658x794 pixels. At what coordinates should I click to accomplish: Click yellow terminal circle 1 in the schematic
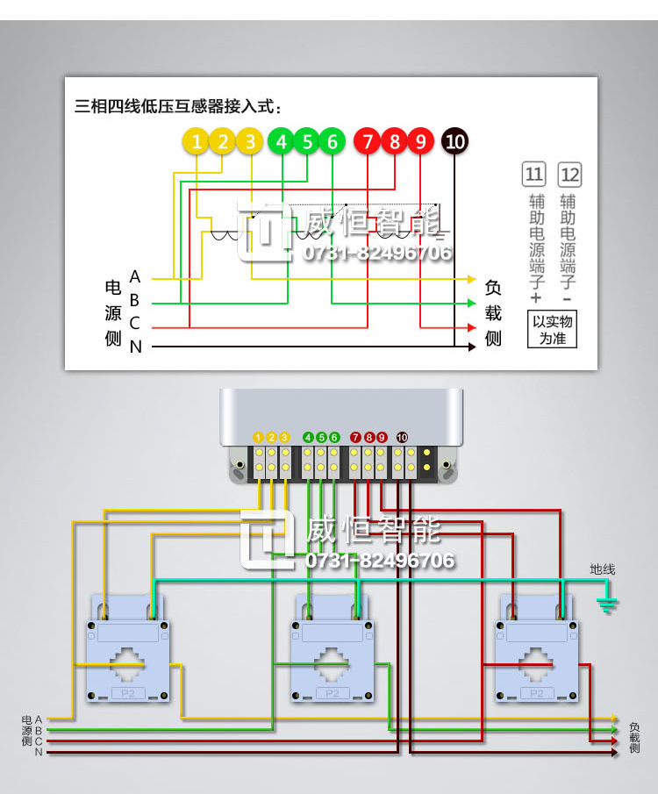196,141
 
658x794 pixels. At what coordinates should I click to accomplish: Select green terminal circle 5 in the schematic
307,141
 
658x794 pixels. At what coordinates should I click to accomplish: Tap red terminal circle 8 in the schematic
395,141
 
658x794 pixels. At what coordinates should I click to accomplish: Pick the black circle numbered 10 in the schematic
454,141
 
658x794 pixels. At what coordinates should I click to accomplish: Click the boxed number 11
534,175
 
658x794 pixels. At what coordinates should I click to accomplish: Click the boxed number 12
569,175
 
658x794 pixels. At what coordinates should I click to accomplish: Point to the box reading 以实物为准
552,329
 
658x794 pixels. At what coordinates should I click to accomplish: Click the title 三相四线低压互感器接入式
177,106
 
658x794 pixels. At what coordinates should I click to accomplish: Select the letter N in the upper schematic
135,347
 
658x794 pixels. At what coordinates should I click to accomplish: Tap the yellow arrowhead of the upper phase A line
472,279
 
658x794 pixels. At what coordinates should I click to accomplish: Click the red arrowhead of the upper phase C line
472,327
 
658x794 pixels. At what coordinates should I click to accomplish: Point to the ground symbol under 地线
606,604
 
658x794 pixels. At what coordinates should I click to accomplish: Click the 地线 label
602,569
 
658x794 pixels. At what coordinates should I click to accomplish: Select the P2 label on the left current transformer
128,693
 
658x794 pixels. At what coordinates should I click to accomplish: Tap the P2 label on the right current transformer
536,693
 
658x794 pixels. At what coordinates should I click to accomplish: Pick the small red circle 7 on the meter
355,437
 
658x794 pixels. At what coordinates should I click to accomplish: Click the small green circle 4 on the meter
308,437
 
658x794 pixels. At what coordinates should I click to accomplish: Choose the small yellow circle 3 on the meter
284,437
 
